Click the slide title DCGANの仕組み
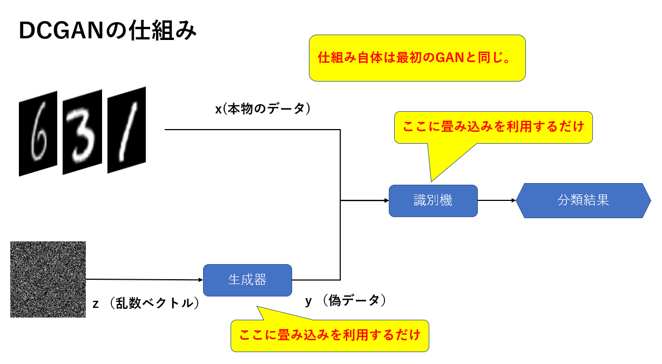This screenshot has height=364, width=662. coord(107,31)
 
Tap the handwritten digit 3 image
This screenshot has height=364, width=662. coord(82,132)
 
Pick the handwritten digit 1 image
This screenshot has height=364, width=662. coord(126,130)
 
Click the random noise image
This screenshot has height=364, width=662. coord(48,279)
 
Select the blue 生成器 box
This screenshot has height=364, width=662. coord(247,280)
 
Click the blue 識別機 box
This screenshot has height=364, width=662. coord(433,200)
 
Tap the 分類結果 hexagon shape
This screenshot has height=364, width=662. coord(583,200)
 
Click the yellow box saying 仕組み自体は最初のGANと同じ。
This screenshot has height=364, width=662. coord(417,58)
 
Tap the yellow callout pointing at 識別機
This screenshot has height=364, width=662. coord(493,127)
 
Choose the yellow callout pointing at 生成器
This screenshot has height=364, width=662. coord(329,335)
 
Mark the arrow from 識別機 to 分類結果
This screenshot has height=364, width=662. coord(497,200)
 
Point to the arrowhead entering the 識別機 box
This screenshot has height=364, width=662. coord(386,200)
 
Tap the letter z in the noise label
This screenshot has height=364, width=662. coord(96,304)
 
